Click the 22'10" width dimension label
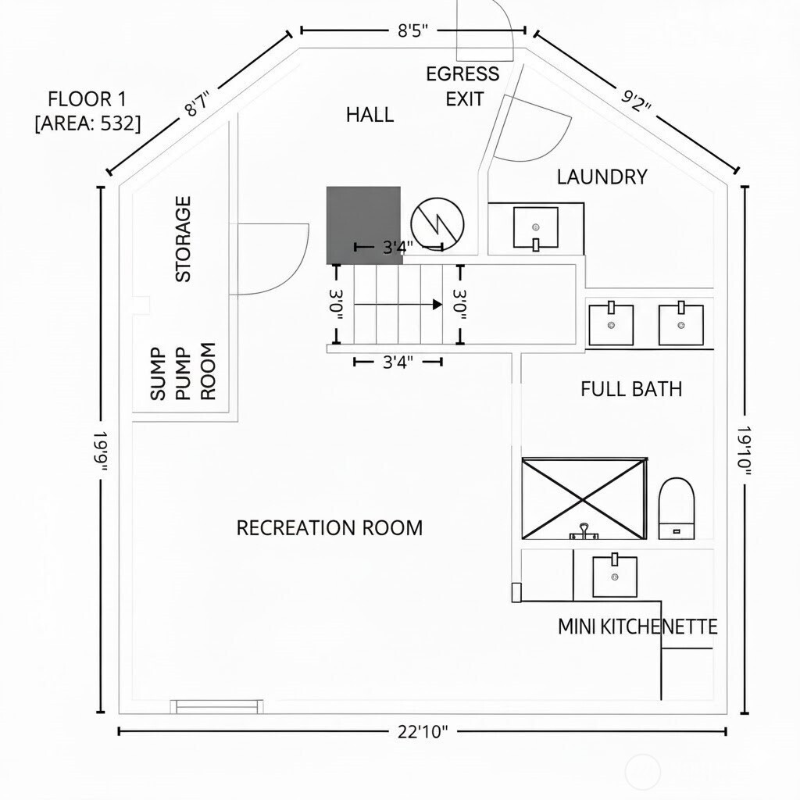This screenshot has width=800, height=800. [423, 731]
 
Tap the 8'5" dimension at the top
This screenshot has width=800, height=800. [412, 30]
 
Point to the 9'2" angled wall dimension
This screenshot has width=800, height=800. [636, 101]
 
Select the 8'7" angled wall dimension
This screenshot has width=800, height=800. [197, 104]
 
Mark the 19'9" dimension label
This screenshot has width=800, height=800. [101, 451]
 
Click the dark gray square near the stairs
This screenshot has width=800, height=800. [364, 225]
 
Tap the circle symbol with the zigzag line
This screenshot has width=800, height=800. [437, 224]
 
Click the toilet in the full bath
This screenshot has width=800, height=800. [677, 508]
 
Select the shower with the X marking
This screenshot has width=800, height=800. [584, 498]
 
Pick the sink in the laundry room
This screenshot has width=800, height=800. [535, 228]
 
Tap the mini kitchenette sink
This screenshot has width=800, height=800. [614, 575]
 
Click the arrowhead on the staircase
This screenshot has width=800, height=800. [437, 305]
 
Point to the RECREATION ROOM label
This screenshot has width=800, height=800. [330, 527]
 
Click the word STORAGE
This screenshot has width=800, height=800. [183, 239]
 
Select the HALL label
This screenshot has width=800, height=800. [370, 115]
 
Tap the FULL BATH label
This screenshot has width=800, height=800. [631, 389]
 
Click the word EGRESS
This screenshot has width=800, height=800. [462, 74]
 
